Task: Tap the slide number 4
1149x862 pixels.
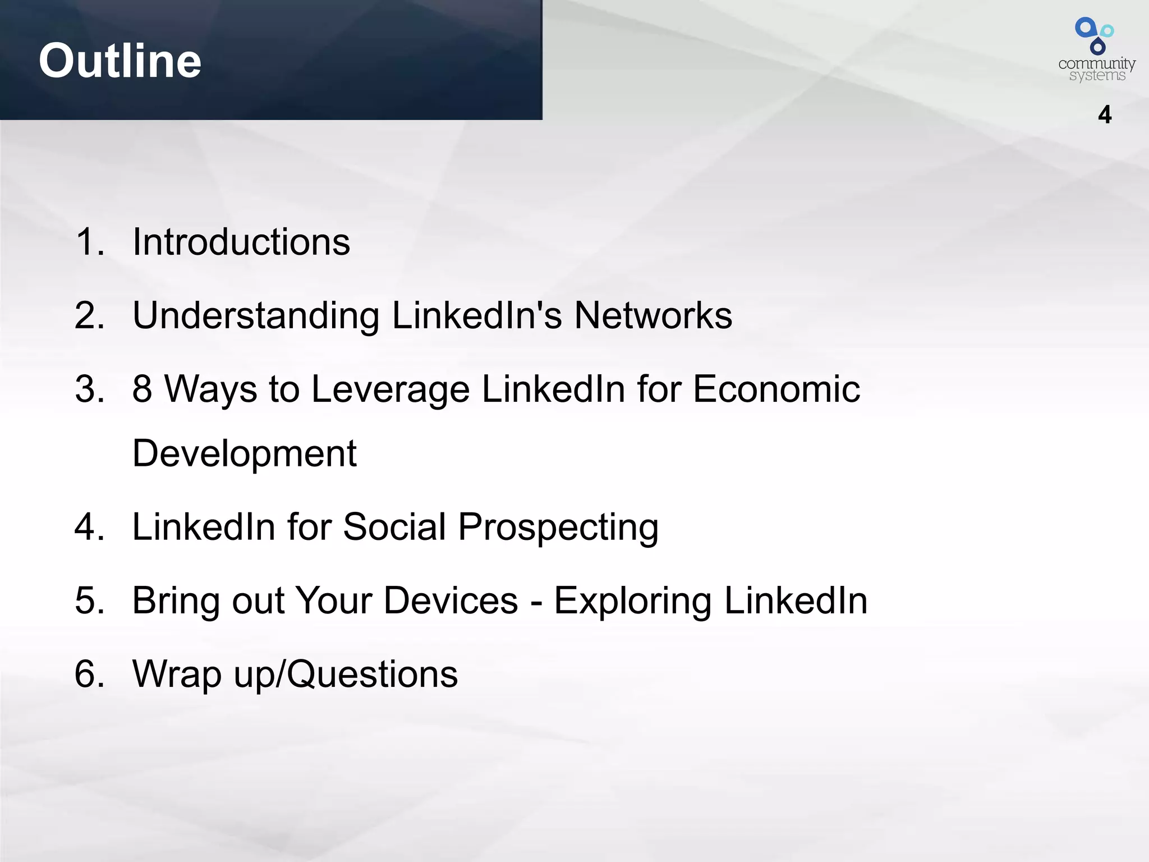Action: click(1104, 115)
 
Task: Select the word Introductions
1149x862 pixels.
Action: click(241, 242)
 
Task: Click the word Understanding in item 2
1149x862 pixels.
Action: click(256, 316)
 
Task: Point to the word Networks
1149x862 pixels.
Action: click(653, 315)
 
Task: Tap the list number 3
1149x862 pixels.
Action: click(90, 389)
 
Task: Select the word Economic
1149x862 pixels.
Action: click(776, 389)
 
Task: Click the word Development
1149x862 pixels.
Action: click(245, 453)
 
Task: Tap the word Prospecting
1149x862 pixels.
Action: click(558, 528)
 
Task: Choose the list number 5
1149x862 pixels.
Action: click(90, 600)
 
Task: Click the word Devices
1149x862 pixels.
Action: click(451, 600)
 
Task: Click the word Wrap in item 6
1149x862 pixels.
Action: click(177, 674)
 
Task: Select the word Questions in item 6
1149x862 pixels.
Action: click(373, 674)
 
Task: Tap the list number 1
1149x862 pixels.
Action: click(90, 242)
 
